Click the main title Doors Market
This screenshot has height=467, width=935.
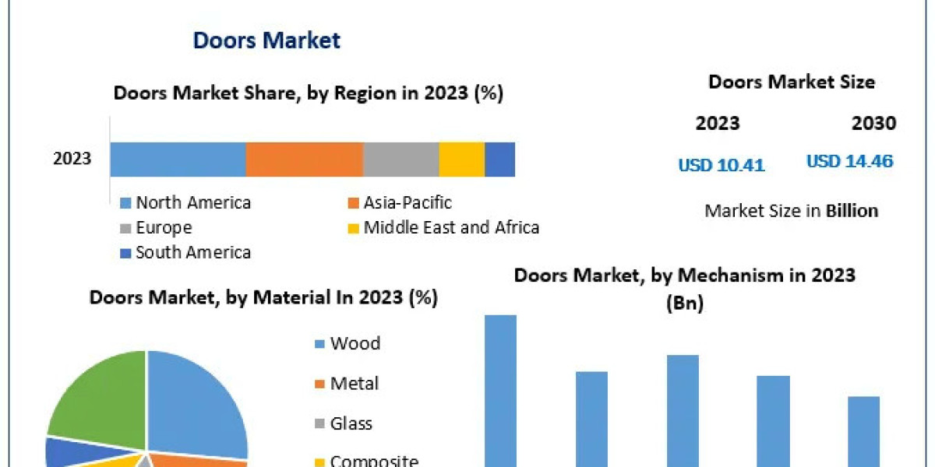coord(266,40)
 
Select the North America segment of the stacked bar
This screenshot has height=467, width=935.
coord(178,160)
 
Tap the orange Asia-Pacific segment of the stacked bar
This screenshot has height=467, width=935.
coord(305,160)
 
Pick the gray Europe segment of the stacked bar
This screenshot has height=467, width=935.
coord(400,160)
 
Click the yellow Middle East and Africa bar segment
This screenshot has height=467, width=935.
coord(461,160)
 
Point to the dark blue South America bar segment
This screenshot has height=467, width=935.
coord(499,160)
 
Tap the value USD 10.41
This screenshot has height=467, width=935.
coord(721,165)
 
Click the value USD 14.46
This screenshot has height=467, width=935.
coord(849,162)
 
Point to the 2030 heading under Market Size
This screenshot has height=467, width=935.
coord(873,123)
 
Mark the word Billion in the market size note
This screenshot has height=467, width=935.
coord(852,211)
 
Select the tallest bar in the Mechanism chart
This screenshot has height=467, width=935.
coord(500,389)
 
